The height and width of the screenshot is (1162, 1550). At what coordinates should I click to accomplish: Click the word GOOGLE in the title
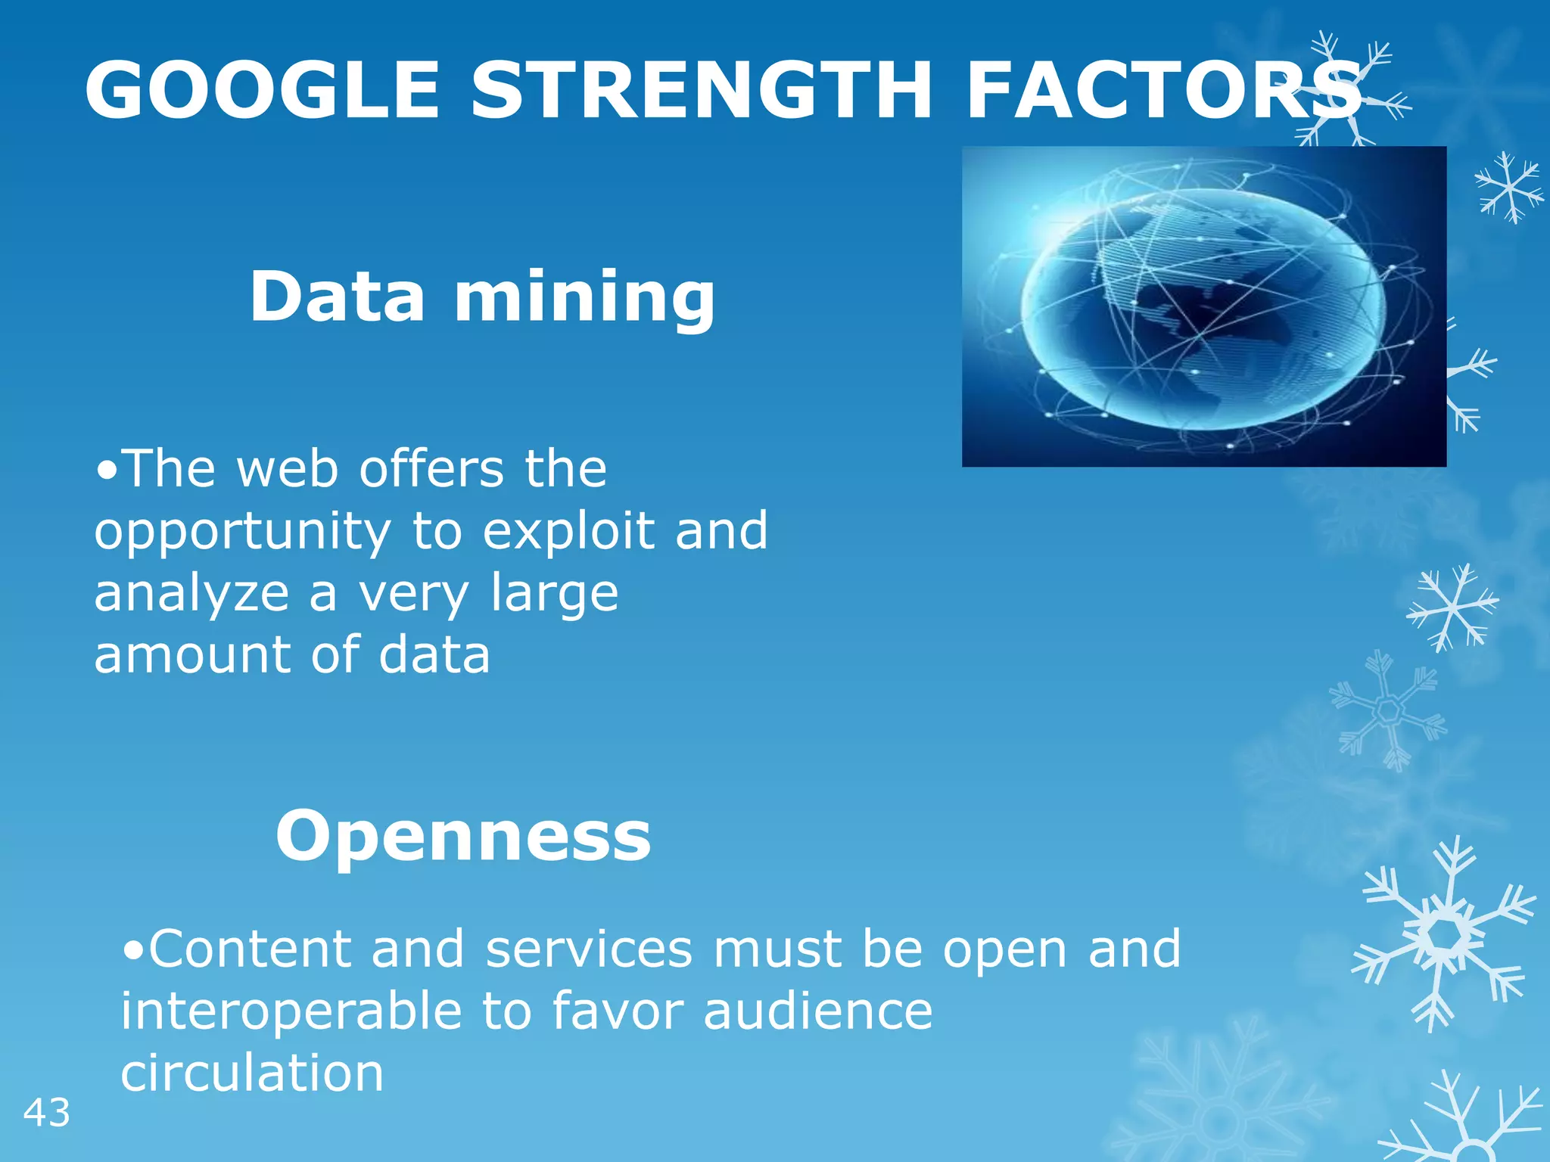pos(262,90)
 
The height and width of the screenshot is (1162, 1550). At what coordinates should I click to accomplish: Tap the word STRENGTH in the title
pos(700,90)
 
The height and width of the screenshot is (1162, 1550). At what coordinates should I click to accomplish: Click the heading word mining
pos(584,298)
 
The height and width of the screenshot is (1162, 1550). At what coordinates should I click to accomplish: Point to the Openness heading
pos(462,836)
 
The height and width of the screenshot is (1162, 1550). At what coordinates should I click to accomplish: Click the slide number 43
pos(47,1113)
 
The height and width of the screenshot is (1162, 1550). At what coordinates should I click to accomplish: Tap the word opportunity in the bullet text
pos(242,533)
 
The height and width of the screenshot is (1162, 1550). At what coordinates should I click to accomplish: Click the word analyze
pos(191,594)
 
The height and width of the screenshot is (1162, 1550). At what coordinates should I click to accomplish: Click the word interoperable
pos(291,1011)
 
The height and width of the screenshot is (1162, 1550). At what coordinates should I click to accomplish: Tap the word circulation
pos(252,1073)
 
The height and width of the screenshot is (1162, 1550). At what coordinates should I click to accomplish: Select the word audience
pos(818,1011)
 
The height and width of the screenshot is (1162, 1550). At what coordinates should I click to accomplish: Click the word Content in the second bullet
pos(250,949)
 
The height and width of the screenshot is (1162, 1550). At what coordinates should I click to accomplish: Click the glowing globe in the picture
pos(1203,309)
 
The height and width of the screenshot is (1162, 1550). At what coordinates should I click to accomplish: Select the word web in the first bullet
pos(287,470)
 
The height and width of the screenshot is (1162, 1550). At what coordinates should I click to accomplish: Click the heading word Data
pos(338,297)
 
